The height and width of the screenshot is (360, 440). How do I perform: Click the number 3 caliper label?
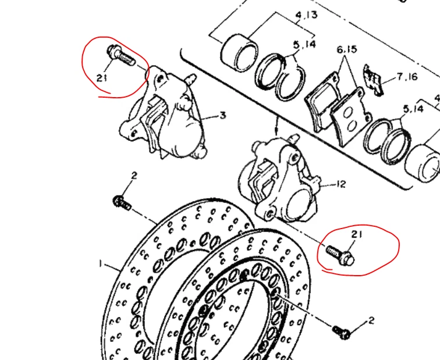coord(222,115)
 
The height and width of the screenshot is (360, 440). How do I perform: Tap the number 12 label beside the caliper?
coord(340,184)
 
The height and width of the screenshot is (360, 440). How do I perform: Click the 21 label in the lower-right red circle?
coord(357,234)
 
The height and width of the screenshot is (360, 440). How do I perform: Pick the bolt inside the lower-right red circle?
coord(339,255)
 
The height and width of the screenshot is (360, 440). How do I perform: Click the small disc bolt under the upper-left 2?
coord(122,203)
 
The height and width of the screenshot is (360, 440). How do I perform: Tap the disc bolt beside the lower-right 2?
coord(341,332)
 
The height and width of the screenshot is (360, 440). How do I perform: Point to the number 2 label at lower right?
coord(371,320)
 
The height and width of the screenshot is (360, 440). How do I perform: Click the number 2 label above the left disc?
coord(134,176)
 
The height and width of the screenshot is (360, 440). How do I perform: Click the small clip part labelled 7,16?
coord(373,80)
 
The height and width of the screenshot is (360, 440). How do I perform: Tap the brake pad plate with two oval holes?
coord(349,118)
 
